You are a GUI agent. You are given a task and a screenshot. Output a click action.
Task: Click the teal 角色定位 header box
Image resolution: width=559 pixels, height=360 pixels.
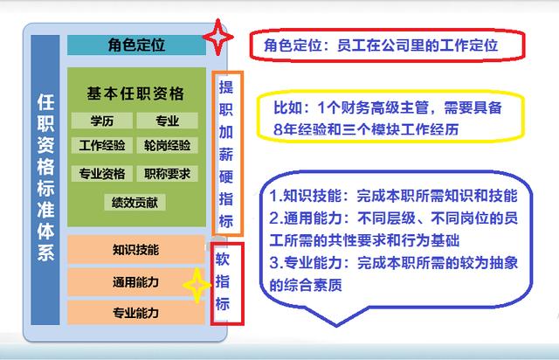[136, 45]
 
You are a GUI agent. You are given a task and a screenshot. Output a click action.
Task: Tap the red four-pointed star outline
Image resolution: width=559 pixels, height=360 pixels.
[218, 37]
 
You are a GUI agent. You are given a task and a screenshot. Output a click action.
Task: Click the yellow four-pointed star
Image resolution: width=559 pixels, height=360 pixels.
[197, 285]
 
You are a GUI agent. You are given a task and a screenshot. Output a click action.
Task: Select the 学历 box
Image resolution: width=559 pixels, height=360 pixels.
[102, 121]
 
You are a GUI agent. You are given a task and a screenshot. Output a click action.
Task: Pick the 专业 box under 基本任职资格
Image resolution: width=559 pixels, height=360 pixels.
[167, 121]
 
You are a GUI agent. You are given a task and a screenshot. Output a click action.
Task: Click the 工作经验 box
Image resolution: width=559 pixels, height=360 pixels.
[102, 145]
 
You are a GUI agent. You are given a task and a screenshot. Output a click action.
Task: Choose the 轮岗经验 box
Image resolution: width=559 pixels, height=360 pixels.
[167, 145]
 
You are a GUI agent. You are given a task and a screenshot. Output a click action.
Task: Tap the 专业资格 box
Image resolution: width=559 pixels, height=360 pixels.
[102, 174]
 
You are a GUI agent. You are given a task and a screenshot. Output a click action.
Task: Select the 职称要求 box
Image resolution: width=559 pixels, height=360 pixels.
[167, 174]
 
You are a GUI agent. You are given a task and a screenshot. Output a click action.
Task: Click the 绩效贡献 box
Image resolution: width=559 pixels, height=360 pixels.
[135, 203]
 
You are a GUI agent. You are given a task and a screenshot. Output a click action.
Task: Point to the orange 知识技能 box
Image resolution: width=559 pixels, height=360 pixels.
[136, 249]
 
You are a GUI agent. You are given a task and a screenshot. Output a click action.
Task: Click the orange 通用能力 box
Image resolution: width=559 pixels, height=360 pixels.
[136, 282]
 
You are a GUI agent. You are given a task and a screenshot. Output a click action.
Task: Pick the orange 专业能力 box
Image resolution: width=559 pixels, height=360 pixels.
[136, 313]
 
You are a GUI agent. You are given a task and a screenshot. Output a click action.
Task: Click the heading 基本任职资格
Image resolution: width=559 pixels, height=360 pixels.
[135, 93]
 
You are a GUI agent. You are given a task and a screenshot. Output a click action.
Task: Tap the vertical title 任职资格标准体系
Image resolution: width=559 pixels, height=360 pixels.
[45, 177]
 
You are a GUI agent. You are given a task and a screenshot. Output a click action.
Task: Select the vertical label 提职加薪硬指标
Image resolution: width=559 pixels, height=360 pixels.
[226, 154]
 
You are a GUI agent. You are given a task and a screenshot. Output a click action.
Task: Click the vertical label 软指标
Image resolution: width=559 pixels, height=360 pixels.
[223, 281]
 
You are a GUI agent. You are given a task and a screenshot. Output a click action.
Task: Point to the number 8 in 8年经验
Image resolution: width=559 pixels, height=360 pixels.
[278, 129]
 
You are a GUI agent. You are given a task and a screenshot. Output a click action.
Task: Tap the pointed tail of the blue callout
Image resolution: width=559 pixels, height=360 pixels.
[335, 325]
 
